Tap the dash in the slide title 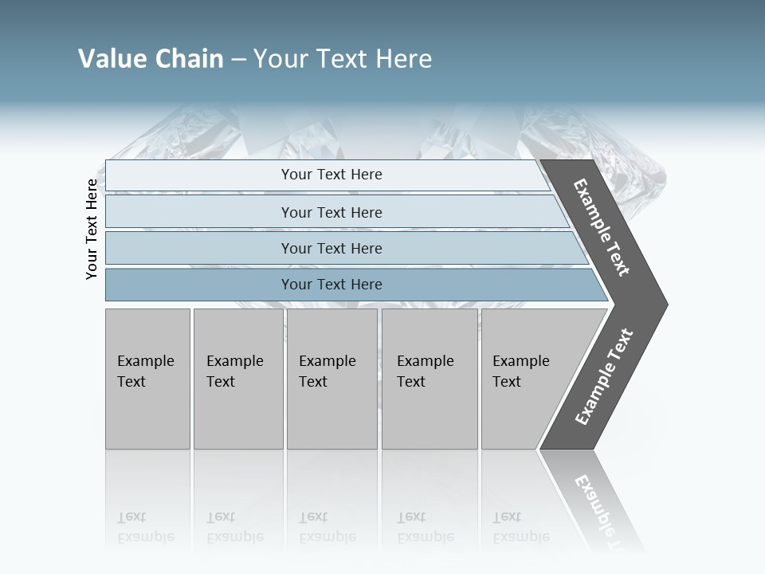[238, 60]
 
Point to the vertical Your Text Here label [92, 229]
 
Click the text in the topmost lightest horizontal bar [331, 175]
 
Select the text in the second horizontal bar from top [331, 213]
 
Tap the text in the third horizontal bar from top [331, 249]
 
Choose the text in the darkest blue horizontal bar [331, 285]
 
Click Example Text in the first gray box [145, 372]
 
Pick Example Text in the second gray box [234, 372]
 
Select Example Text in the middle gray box [327, 372]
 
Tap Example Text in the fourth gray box [425, 372]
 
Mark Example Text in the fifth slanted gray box [520, 372]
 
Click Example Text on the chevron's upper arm [602, 228]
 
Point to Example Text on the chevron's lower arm [604, 377]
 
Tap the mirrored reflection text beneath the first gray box [145, 528]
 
